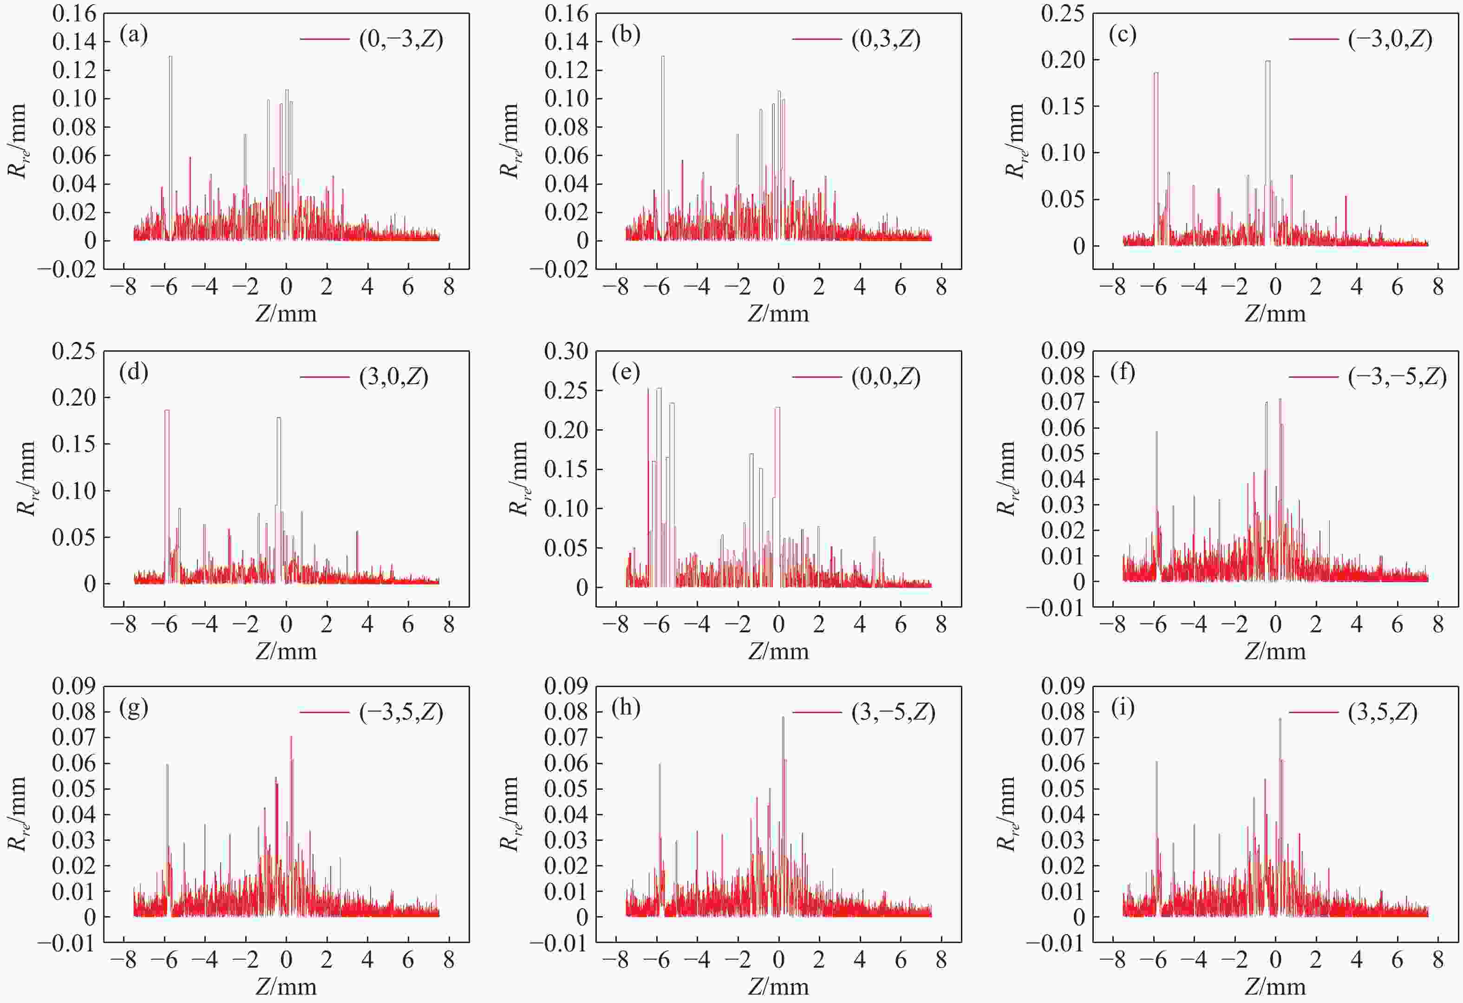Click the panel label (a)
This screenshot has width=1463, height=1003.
tap(133, 35)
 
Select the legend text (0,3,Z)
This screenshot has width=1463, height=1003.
tap(886, 39)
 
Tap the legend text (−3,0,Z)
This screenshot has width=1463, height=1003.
tap(1390, 39)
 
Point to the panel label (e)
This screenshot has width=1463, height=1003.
tap(626, 372)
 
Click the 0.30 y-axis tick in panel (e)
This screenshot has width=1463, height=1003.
tap(566, 351)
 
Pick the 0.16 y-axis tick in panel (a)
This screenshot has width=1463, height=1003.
tap(74, 14)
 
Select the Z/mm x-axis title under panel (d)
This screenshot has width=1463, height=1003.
tap(286, 650)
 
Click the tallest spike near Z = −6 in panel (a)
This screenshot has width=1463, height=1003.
tap(170, 58)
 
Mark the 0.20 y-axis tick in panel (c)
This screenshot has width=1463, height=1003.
tap(1063, 60)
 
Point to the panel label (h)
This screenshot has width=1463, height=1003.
tap(626, 708)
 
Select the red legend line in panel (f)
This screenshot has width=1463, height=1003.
tap(1313, 376)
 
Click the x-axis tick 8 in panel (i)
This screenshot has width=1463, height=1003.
tap(1438, 960)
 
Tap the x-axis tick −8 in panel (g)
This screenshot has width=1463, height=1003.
tap(124, 960)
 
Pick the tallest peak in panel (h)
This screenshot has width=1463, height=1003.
tap(783, 718)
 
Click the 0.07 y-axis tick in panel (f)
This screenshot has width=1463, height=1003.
tap(1063, 402)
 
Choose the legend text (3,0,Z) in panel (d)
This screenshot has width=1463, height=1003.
tap(393, 376)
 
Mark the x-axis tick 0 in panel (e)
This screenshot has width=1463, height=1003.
tap(779, 624)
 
